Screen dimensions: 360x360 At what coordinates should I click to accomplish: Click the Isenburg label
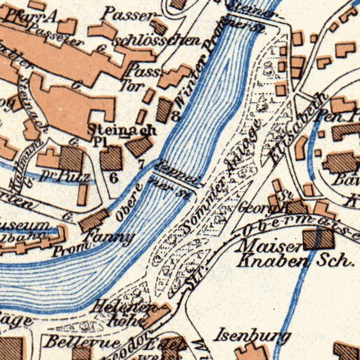click(x=253, y=335)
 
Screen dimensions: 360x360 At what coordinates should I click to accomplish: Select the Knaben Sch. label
click(x=295, y=262)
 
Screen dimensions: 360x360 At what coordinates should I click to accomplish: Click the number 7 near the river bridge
click(x=141, y=164)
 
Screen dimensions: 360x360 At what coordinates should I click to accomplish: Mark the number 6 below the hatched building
click(x=113, y=178)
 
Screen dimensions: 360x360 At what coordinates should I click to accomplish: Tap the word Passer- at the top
click(x=127, y=13)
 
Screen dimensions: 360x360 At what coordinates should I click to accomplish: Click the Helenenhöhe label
click(x=126, y=314)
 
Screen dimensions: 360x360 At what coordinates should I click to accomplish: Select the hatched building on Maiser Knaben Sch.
click(x=318, y=239)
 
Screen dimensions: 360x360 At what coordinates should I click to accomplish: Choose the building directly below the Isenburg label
click(x=250, y=352)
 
